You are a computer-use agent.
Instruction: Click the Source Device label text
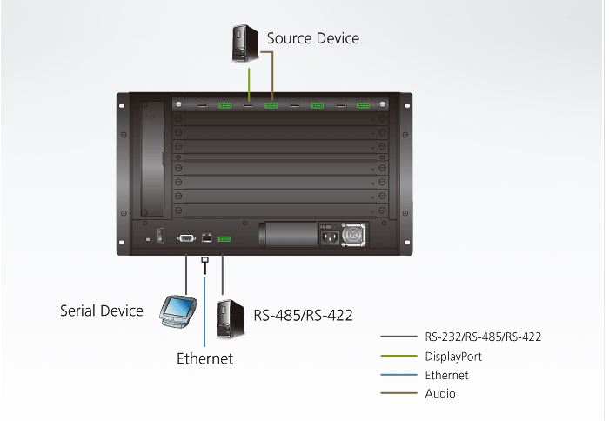tap(312, 38)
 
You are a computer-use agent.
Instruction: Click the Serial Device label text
tap(101, 311)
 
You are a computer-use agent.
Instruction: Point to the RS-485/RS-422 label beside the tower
tap(303, 315)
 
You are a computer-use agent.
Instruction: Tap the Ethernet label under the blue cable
tap(204, 358)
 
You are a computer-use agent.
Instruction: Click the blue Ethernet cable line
tap(204, 304)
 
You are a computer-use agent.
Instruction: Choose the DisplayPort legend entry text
tap(453, 356)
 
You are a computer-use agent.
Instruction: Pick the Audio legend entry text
tap(440, 393)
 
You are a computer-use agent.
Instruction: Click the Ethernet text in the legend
tap(447, 375)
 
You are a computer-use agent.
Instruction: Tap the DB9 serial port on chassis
tap(185, 237)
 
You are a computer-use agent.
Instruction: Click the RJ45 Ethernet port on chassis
tap(205, 237)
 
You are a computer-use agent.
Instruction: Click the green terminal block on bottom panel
tap(224, 237)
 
